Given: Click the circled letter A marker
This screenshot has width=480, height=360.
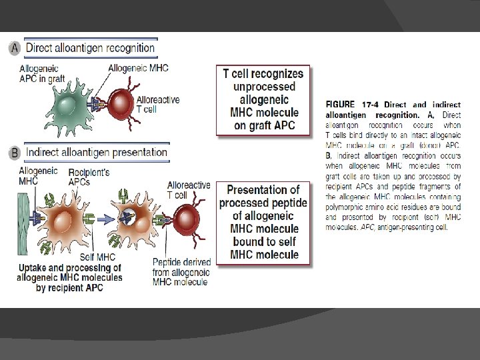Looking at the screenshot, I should (x=15, y=48).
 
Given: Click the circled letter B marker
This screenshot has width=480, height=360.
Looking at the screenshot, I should (x=15, y=153).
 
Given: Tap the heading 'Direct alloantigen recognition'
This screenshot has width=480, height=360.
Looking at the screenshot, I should (x=90, y=47).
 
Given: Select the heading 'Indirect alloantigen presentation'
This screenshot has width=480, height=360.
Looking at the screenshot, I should (x=97, y=152).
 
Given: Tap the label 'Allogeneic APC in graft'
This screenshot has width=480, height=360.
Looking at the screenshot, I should (x=41, y=73).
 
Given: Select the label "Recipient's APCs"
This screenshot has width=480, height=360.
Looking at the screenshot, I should (x=86, y=177).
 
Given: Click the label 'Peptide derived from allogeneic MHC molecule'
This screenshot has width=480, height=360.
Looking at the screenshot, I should (x=181, y=272).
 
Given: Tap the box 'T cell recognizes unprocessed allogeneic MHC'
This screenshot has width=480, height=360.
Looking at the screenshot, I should (x=263, y=100).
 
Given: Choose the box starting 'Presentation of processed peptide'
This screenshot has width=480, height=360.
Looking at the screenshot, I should (x=263, y=222).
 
